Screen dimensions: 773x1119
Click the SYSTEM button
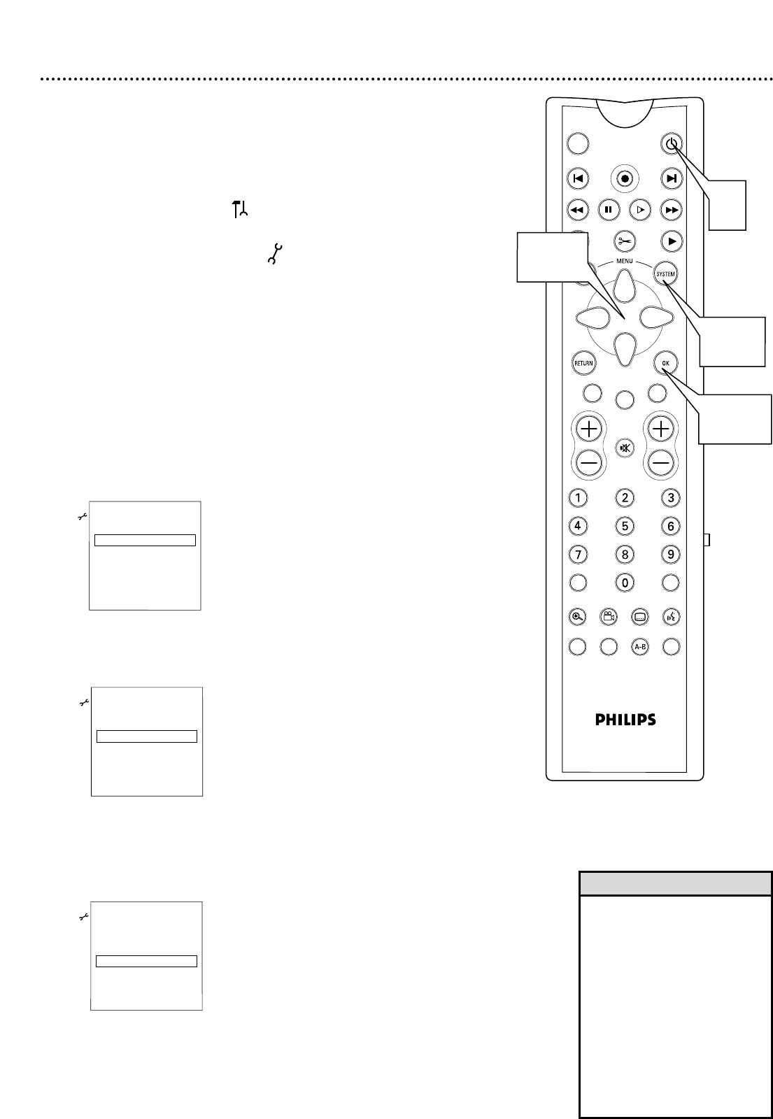pos(665,274)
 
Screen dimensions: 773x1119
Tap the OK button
pos(665,363)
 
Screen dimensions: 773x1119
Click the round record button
pos(624,178)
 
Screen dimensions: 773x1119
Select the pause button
pos(609,209)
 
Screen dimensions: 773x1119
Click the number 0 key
pos(624,582)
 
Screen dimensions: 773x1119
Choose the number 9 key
pos(671,554)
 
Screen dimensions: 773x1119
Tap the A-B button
pos(639,647)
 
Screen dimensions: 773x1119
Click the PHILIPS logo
pos(625,719)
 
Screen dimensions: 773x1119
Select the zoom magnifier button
pos(577,617)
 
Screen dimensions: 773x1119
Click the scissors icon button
pos(624,241)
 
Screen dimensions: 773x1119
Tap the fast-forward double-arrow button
pos(671,209)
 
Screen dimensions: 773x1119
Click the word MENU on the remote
pos(624,261)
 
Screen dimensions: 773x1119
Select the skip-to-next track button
pos(671,178)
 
